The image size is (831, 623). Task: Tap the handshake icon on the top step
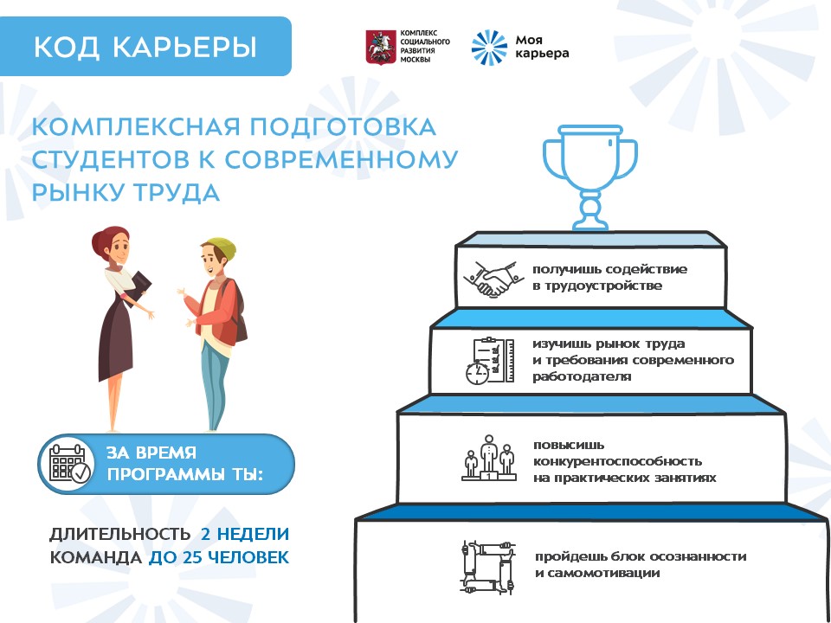click(x=490, y=278)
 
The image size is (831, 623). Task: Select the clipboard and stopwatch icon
click(x=489, y=361)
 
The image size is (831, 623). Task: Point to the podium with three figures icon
click(x=488, y=459)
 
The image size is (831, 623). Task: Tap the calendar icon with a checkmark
click(x=69, y=464)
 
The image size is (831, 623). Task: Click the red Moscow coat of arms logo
click(x=381, y=47)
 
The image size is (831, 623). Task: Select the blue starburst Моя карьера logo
click(x=489, y=48)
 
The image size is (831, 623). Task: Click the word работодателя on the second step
click(x=582, y=376)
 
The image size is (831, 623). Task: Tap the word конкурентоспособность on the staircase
click(x=617, y=461)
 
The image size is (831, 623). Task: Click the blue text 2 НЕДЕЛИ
click(x=245, y=534)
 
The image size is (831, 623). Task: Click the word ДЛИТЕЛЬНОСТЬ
click(x=119, y=534)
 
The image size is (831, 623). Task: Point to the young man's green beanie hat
click(x=222, y=247)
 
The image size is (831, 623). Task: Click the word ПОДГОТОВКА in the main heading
click(x=343, y=127)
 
